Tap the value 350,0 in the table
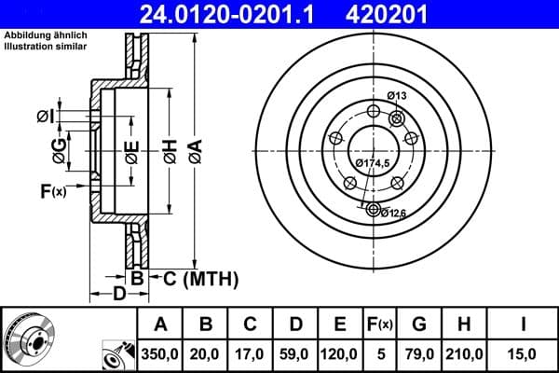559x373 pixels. pyautogui.click(x=160, y=352)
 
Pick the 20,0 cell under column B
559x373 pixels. pyautogui.click(x=206, y=352)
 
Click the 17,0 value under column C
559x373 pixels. pyautogui.click(x=251, y=352)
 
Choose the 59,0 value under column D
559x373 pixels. pyautogui.click(x=295, y=352)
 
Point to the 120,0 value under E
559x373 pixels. pyautogui.click(x=340, y=352)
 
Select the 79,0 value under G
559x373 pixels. pyautogui.click(x=418, y=352)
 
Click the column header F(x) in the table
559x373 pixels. pyautogui.click(x=381, y=325)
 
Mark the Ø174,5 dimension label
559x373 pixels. pyautogui.click(x=373, y=163)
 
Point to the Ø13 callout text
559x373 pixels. pyautogui.click(x=397, y=96)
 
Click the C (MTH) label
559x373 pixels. pyautogui.click(x=195, y=278)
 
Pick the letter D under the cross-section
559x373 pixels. pyautogui.click(x=118, y=295)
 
